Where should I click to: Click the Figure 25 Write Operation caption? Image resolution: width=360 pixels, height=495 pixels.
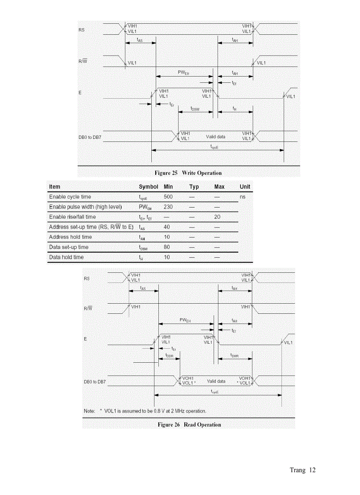click(188, 173)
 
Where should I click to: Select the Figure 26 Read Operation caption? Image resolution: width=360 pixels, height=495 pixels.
click(189, 424)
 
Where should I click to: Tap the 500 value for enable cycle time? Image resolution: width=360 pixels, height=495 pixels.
click(168, 197)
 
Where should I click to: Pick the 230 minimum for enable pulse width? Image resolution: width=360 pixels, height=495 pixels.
click(168, 207)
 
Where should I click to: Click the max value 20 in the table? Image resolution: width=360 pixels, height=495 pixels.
click(217, 217)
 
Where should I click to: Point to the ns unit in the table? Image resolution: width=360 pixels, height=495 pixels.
click(243, 197)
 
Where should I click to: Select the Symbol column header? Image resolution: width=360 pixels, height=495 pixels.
click(148, 187)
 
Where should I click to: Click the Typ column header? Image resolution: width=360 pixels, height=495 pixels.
click(194, 187)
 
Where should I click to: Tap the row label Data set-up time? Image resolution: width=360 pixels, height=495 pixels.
click(69, 247)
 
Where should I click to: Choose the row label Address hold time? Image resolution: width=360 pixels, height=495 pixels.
click(71, 237)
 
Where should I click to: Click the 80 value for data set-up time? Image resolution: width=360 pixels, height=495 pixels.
click(167, 247)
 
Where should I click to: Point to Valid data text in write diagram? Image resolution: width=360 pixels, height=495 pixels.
click(215, 137)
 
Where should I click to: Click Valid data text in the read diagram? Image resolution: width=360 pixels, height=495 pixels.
click(216, 381)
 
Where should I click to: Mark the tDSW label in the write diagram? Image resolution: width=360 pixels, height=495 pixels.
click(195, 108)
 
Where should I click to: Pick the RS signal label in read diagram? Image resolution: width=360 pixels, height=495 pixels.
click(86, 279)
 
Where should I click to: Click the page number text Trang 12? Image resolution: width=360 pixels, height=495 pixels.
click(303, 470)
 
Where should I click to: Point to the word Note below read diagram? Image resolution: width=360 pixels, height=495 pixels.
click(89, 411)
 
